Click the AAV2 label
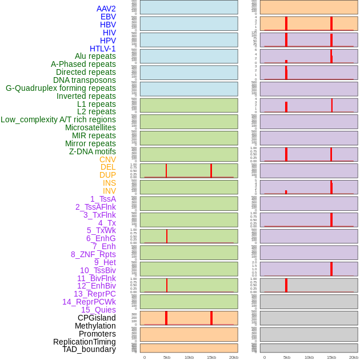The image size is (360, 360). [106, 9]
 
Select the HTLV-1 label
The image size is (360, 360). [103, 49]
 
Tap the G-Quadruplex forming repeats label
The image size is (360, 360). [61, 88]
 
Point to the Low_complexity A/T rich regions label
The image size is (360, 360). [58, 119]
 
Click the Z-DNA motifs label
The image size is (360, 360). [93, 151]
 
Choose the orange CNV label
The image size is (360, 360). [107, 159]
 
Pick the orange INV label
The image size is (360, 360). [109, 191]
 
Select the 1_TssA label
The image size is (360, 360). [103, 199]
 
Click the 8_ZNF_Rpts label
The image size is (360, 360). [93, 254]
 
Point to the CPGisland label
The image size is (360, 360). [97, 318]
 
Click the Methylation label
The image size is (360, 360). [95, 326]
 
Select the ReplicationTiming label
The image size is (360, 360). [85, 342]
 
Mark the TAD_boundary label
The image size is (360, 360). [89, 349]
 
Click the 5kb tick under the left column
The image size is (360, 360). [167, 357]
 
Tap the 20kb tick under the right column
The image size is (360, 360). [354, 357]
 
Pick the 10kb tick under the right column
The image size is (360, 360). [309, 357]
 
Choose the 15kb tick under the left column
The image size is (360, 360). [211, 357]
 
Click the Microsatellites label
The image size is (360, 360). [90, 127]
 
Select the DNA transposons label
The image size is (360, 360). [85, 80]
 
